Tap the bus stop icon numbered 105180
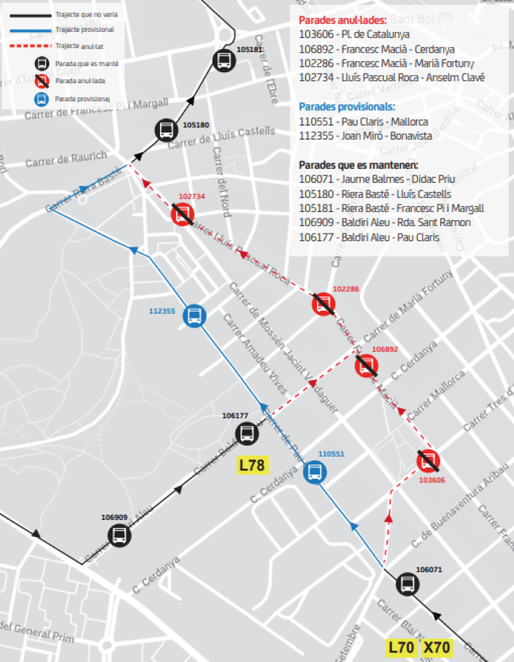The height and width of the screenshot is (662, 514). click(166, 130)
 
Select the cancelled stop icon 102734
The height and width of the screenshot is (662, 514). click(183, 215)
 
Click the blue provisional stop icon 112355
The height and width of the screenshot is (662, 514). click(194, 315)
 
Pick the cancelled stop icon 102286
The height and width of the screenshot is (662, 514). click(323, 303)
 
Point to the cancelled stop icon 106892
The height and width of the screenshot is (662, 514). click(367, 364)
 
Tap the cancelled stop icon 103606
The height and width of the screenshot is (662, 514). click(428, 460)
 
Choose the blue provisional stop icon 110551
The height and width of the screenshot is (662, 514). click(315, 472)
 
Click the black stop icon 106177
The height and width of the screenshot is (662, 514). click(246, 433)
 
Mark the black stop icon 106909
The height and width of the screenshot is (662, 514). click(118, 534)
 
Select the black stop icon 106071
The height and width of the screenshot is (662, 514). click(407, 584)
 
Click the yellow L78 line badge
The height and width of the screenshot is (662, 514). click(252, 466)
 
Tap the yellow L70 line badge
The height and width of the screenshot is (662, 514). click(401, 647)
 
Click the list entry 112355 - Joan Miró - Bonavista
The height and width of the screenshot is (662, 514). click(364, 136)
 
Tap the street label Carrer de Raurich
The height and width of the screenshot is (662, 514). click(66, 161)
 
